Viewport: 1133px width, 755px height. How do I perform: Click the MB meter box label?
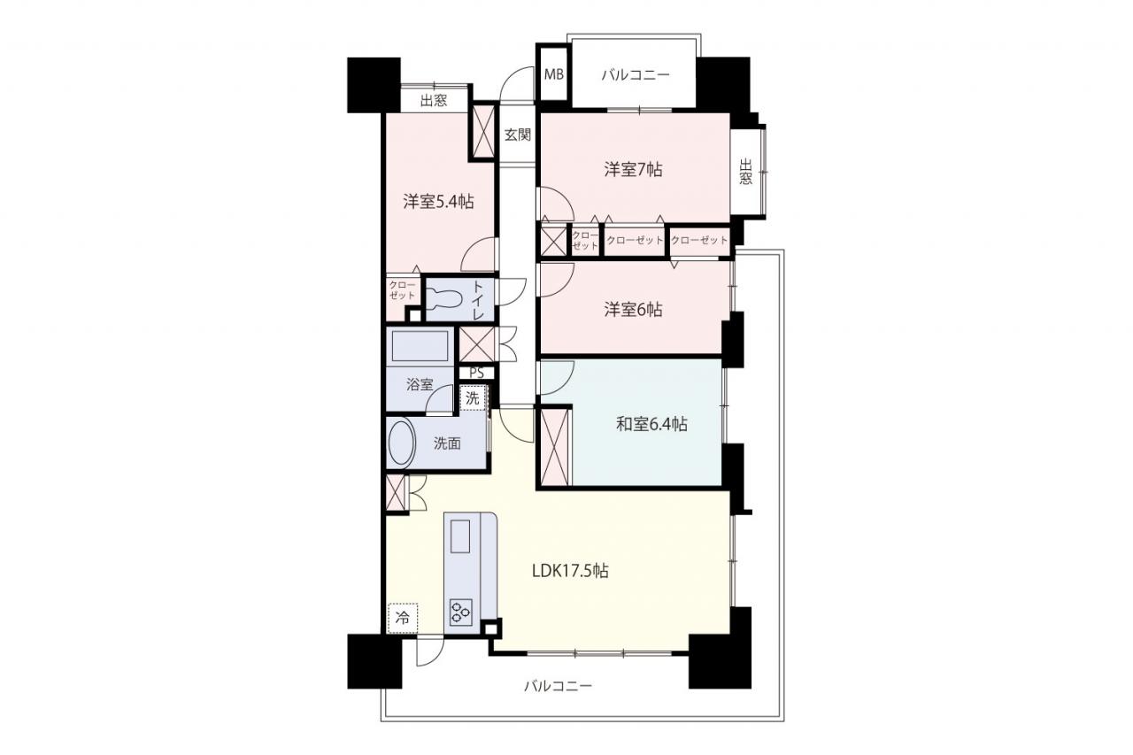pyautogui.click(x=554, y=75)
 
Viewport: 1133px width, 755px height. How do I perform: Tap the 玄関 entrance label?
pyautogui.click(x=518, y=135)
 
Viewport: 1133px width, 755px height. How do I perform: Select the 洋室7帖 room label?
pyautogui.click(x=633, y=169)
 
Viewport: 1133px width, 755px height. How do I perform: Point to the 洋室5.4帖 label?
pyautogui.click(x=438, y=202)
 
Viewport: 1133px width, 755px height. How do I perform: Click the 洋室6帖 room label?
pyautogui.click(x=633, y=310)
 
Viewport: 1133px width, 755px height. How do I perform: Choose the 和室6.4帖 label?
pyautogui.click(x=651, y=424)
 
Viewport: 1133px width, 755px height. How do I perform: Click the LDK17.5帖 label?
pyautogui.click(x=570, y=571)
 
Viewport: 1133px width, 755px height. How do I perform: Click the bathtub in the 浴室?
pyautogui.click(x=420, y=346)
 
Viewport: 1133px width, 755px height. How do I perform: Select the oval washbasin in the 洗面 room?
pyautogui.click(x=402, y=443)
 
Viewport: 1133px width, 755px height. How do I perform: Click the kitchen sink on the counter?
pyautogui.click(x=459, y=536)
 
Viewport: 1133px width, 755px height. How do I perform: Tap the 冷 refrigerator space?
pyautogui.click(x=403, y=618)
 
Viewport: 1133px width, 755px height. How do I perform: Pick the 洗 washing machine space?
pyautogui.click(x=473, y=398)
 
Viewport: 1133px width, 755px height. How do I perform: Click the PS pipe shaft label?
pyautogui.click(x=476, y=373)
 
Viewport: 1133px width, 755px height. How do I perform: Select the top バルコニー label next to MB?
pyautogui.click(x=636, y=75)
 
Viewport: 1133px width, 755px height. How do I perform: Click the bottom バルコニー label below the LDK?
pyautogui.click(x=558, y=686)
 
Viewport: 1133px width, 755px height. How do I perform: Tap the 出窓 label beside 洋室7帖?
pyautogui.click(x=745, y=172)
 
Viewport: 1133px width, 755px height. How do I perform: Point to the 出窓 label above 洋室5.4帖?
pyautogui.click(x=434, y=101)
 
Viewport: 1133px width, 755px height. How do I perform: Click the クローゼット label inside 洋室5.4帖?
pyautogui.click(x=402, y=290)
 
